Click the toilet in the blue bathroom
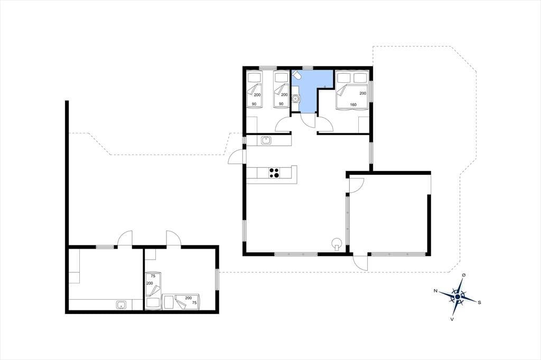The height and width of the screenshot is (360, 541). click(296, 75)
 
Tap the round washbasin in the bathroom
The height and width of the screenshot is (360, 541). click(295, 99)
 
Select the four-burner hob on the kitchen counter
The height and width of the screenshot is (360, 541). click(274, 173)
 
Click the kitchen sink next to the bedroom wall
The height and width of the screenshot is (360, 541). click(266, 140)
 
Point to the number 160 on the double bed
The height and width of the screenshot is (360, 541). click(353, 105)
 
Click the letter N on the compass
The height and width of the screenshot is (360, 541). click(435, 291)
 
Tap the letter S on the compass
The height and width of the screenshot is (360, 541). click(479, 302)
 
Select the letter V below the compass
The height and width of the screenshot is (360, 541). click(452, 319)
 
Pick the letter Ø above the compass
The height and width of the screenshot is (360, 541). click(464, 275)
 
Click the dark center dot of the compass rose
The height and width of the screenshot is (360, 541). click(458, 297)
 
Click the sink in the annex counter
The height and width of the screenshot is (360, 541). click(122, 305)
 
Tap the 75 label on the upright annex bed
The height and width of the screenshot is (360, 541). click(153, 276)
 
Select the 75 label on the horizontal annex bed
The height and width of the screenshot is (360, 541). click(194, 302)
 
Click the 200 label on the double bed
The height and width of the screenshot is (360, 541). click(362, 93)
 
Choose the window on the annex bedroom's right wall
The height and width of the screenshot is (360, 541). click(217, 280)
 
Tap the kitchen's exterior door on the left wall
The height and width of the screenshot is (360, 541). click(237, 157)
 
